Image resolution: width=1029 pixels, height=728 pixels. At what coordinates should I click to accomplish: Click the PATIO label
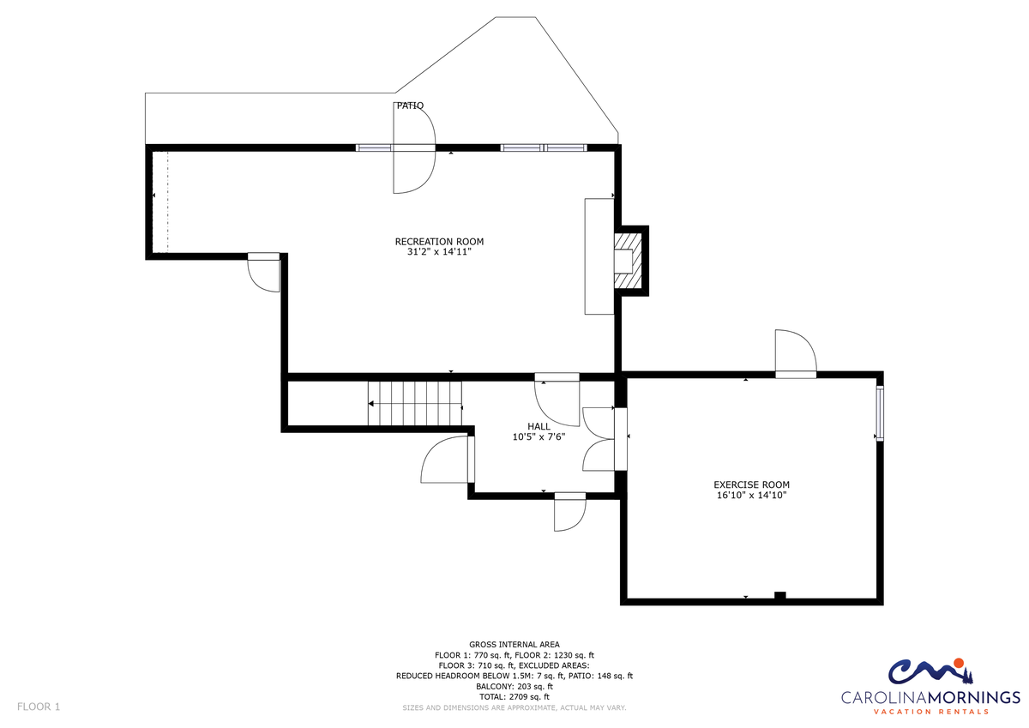[x=410, y=105]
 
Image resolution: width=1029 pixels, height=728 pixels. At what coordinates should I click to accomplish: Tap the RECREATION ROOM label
[x=439, y=242]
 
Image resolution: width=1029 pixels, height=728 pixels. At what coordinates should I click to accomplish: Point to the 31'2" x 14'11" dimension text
[x=439, y=252]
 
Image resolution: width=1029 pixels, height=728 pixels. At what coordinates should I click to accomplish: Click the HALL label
[x=539, y=427]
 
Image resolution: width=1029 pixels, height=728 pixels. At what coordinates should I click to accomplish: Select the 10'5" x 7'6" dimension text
[x=539, y=436]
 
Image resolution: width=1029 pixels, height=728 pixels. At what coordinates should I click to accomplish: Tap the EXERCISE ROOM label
[x=751, y=484]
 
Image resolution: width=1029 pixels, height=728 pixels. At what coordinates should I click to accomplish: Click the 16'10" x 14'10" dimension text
[x=751, y=495]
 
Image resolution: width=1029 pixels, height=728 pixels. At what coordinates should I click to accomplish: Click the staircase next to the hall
[x=415, y=404]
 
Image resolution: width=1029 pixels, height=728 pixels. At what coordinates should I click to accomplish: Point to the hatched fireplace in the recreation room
[x=629, y=261]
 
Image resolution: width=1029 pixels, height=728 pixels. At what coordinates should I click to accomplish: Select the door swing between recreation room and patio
[x=413, y=147]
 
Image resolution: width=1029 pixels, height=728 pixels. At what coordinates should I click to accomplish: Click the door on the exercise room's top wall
[x=796, y=353]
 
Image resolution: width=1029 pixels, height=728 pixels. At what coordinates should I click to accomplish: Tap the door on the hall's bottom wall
[x=569, y=512]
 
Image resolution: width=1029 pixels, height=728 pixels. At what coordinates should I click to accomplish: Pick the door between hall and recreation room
[x=557, y=400]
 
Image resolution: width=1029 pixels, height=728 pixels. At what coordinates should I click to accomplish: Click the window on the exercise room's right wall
[x=880, y=414]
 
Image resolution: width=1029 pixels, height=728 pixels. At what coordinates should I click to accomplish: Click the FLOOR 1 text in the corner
[x=39, y=707]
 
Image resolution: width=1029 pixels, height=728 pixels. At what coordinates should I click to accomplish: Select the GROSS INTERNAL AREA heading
[x=514, y=645]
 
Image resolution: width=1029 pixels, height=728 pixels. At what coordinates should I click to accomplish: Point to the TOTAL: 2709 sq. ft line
[x=514, y=697]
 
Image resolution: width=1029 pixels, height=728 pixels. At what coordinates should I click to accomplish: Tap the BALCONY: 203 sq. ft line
[x=514, y=686]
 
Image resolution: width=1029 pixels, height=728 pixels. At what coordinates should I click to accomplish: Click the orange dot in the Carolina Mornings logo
[x=958, y=663]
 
